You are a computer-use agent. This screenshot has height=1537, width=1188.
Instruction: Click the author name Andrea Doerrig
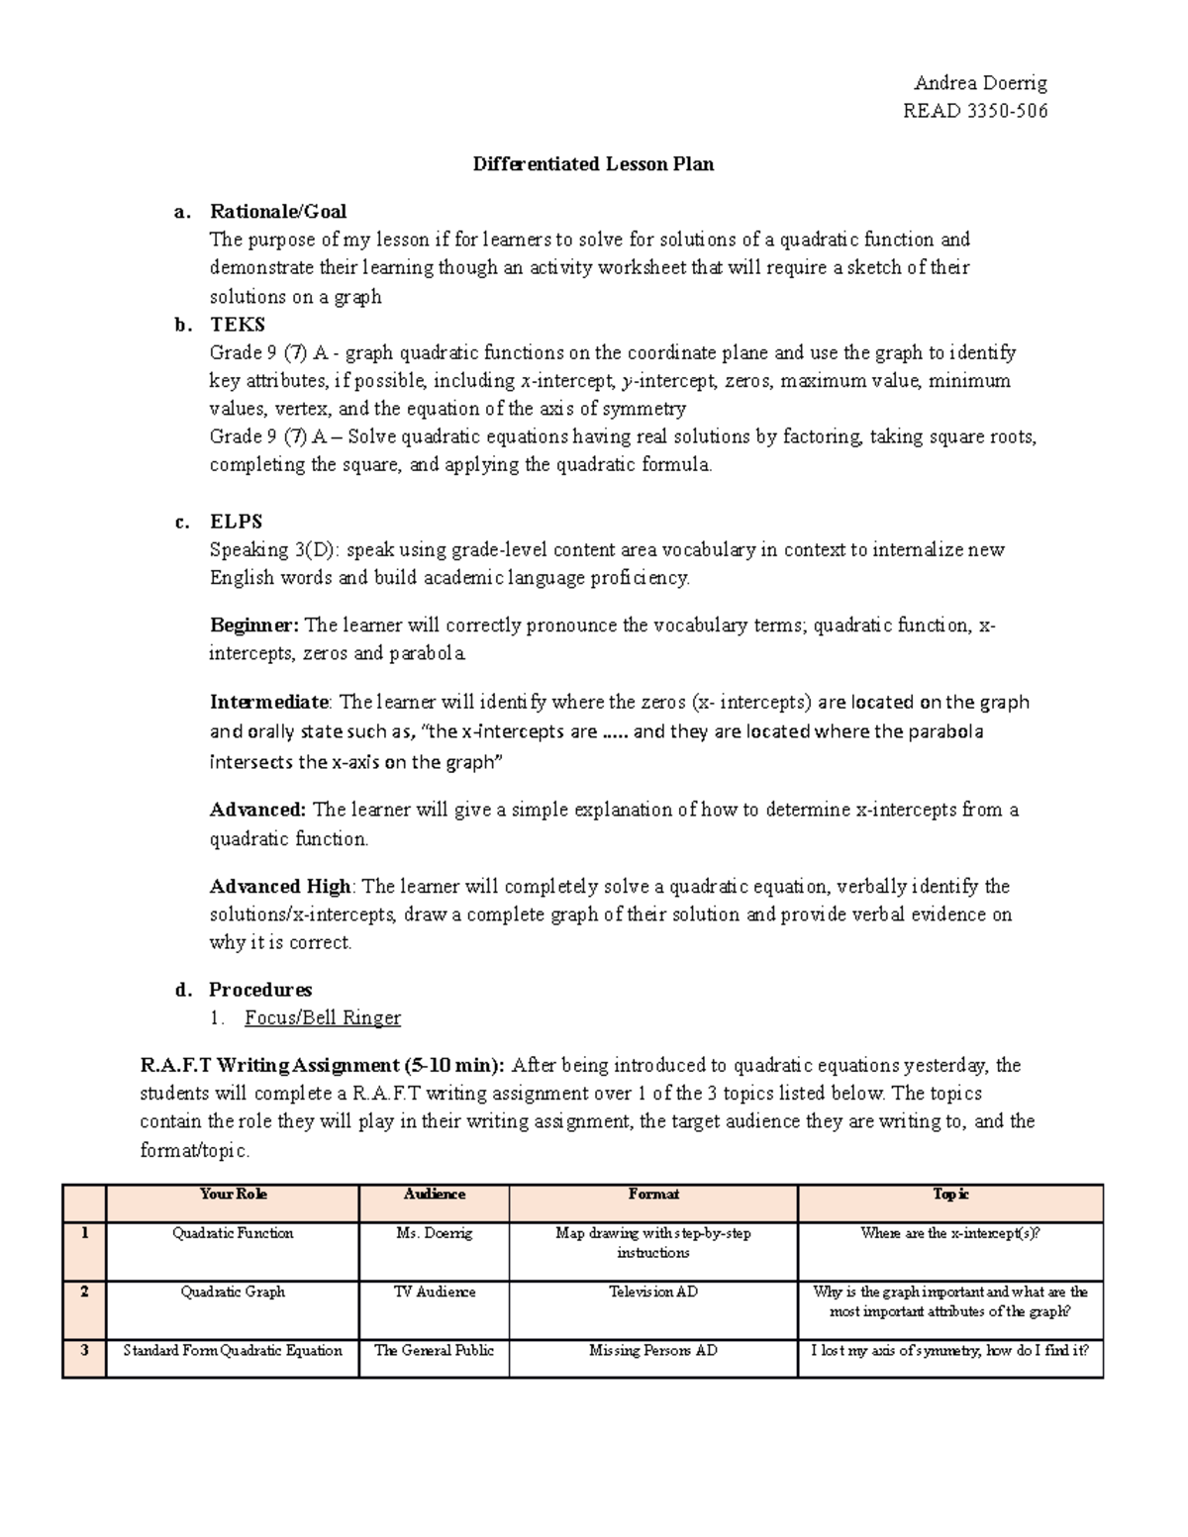[x=979, y=82]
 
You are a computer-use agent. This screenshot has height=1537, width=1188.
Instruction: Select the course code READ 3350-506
[x=974, y=111]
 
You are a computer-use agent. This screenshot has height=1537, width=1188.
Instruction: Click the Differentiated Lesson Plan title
[x=593, y=164]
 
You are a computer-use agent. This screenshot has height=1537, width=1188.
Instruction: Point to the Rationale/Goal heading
[x=277, y=211]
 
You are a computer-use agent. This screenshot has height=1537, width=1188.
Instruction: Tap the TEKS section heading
[x=237, y=325]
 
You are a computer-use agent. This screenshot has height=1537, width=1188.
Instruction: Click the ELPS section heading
[x=236, y=522]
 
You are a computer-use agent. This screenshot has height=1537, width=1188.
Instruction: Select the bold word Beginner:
[x=253, y=625]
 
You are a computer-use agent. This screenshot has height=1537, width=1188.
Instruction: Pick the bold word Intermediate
[x=268, y=703]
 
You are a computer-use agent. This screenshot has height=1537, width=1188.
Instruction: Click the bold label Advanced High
[x=280, y=887]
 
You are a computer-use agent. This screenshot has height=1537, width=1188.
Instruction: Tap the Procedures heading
[x=259, y=990]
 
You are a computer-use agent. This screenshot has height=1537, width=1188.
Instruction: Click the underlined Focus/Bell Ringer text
[x=323, y=1018]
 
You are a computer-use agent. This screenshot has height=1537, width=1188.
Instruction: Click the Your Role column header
[x=233, y=1195]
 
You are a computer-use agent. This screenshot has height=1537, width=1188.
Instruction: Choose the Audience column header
[x=434, y=1195]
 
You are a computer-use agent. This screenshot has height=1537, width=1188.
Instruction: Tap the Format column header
[x=653, y=1195]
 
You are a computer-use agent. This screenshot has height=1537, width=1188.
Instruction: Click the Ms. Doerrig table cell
[x=434, y=1234]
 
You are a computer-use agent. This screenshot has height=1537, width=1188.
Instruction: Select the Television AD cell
[x=652, y=1293]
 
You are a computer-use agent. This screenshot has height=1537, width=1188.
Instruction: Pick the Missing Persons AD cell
[x=652, y=1351]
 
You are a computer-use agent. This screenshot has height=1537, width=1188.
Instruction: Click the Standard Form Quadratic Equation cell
[x=233, y=1351]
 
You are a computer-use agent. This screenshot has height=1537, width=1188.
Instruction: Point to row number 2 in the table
[x=85, y=1293]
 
